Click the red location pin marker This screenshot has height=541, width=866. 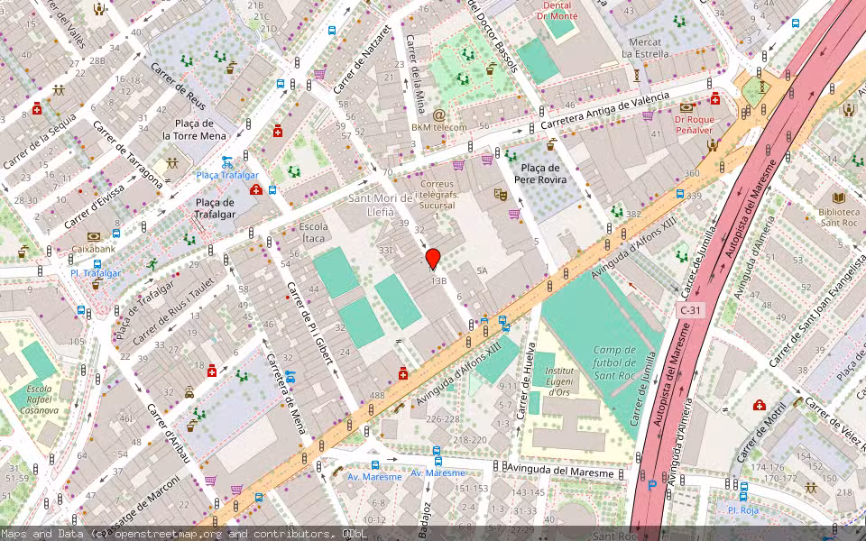tap(433, 258)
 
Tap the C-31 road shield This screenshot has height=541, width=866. tap(689, 310)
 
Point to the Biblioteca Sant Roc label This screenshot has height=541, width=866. tap(838, 217)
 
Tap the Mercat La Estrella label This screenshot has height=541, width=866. tap(646, 48)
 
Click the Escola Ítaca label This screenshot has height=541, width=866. tap(313, 232)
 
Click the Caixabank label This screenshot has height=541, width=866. tap(94, 249)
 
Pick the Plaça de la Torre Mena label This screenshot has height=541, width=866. tap(194, 129)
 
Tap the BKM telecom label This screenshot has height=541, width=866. tap(439, 127)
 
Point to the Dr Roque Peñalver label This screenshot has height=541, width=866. tap(694, 124)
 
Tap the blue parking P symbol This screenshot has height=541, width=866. tap(652, 484)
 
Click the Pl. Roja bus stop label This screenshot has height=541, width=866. tap(743, 509)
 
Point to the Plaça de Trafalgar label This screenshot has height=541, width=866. tap(216, 208)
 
